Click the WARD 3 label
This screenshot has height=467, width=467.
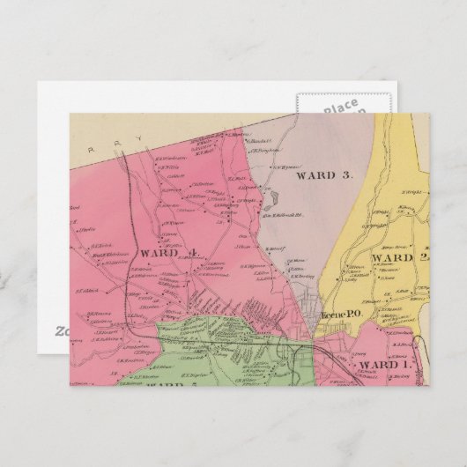[322, 174]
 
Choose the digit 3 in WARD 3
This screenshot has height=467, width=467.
[347, 174]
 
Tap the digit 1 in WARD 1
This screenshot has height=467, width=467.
[404, 365]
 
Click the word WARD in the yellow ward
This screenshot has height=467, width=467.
[385, 257]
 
